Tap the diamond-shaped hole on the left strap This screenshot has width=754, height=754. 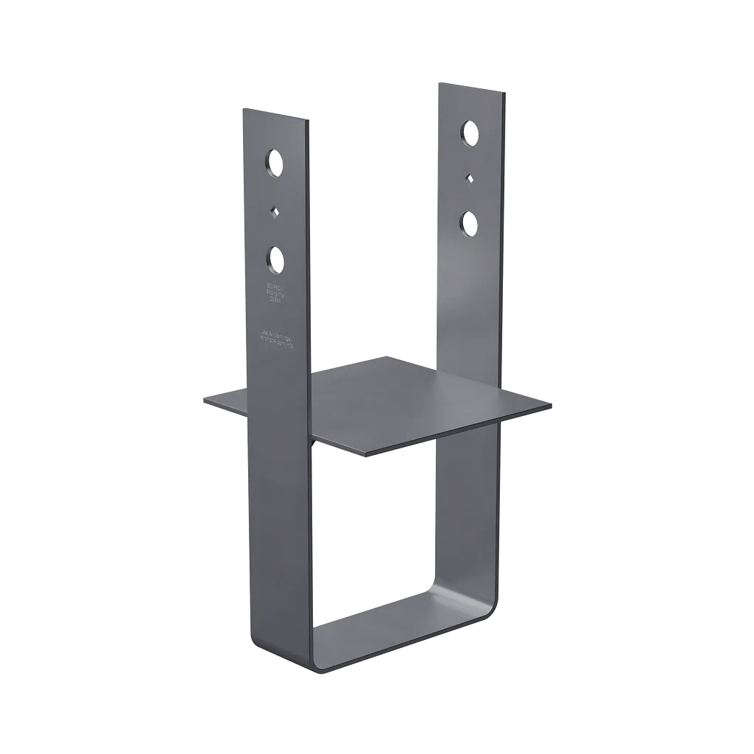click(x=275, y=211)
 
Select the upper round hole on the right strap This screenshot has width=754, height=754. click(x=469, y=133)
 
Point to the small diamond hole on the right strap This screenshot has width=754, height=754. click(x=469, y=177)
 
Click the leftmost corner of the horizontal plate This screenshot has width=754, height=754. click(x=204, y=400)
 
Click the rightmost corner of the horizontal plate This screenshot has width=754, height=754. click(x=550, y=404)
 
